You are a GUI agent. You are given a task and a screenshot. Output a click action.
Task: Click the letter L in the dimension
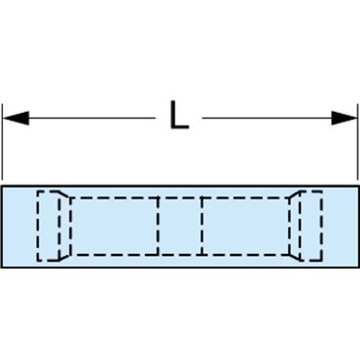pos(178,117)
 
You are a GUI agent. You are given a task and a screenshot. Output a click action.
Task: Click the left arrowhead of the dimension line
pos(16,118)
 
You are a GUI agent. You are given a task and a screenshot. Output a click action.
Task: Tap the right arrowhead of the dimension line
pos(344,118)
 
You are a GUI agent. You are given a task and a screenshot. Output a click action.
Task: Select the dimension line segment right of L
pos(268,118)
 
